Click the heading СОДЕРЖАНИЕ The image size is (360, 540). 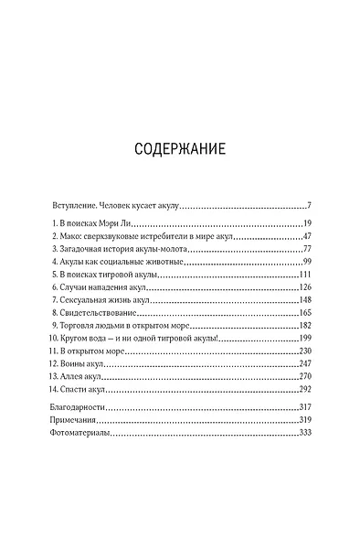179,149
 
